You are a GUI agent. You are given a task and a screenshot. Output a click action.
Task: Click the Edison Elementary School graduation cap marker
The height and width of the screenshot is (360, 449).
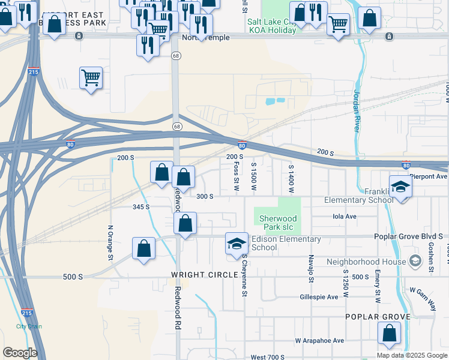237,244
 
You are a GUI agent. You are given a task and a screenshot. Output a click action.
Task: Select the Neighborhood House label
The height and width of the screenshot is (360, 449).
366,262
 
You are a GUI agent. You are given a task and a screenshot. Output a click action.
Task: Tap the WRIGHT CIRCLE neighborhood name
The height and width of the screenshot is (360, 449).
196,275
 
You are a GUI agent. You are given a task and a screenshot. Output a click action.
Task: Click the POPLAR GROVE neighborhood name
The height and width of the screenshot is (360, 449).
378,316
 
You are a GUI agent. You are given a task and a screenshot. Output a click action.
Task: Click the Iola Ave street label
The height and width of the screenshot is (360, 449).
345,216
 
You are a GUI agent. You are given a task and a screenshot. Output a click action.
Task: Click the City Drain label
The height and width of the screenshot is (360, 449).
29,326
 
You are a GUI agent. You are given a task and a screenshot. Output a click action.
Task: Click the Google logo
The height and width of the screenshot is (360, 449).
20,353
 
